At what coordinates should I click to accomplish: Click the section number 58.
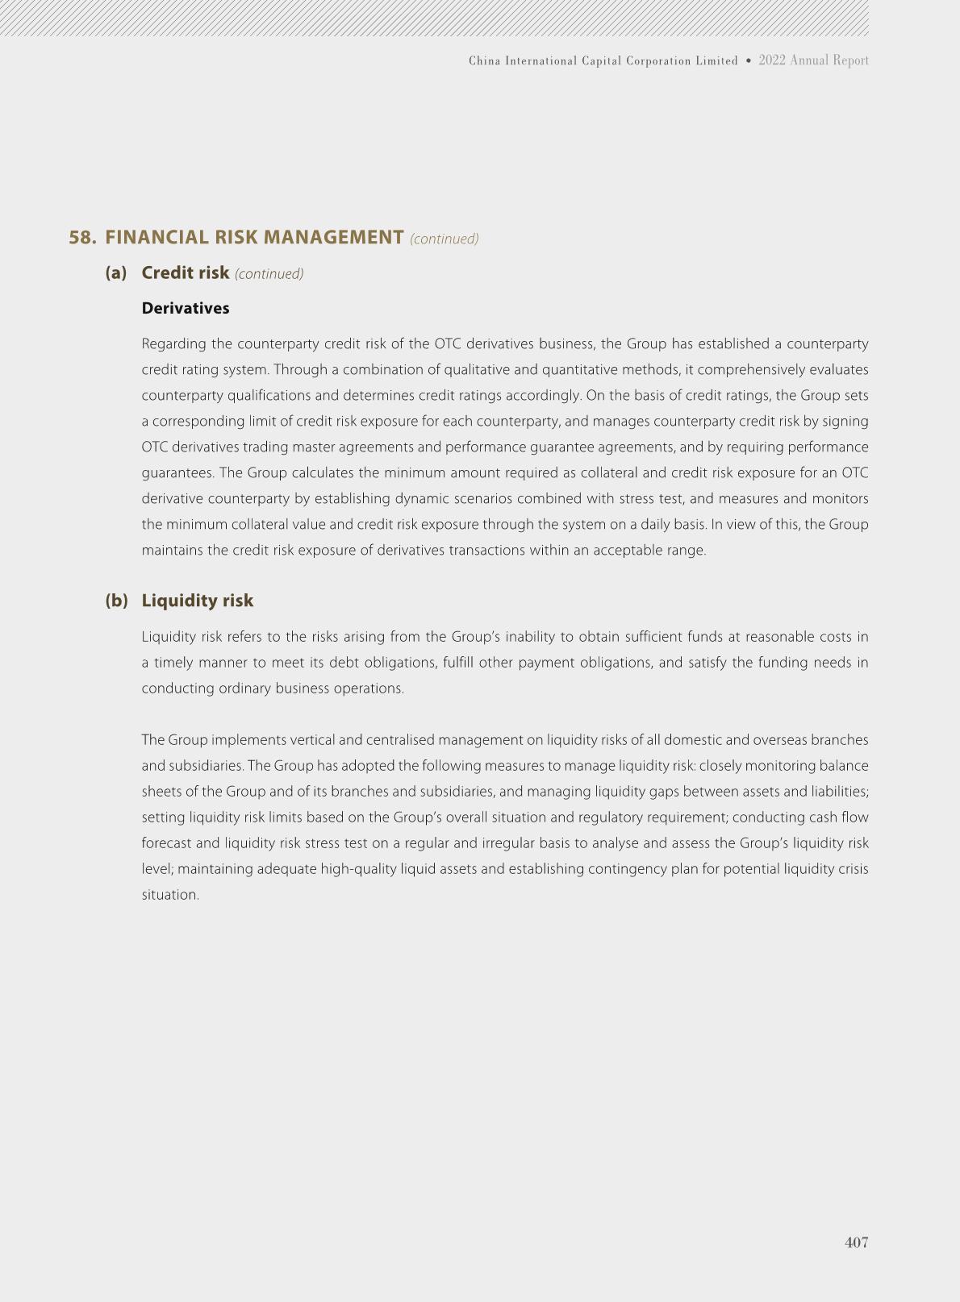(82, 238)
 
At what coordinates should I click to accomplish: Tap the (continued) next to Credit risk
(269, 274)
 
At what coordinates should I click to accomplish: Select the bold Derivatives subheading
(186, 309)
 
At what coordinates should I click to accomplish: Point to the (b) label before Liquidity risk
(116, 601)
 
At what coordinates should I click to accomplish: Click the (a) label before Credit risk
(116, 273)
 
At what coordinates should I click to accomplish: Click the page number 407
(856, 1242)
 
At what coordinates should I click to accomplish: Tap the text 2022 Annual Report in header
(813, 60)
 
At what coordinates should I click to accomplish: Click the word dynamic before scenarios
(419, 499)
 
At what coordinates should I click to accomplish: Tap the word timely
(173, 663)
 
